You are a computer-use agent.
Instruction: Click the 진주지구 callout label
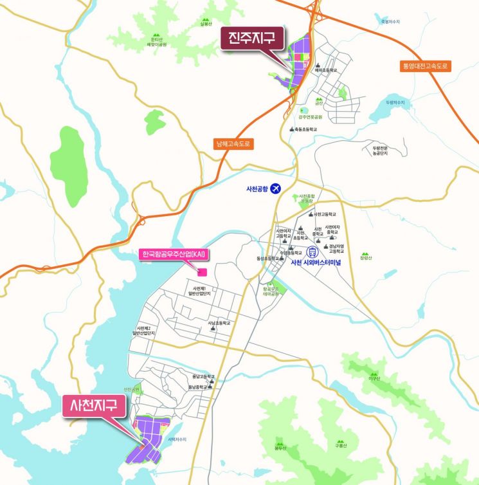[x=251, y=38]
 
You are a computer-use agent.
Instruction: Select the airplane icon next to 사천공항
[x=276, y=188]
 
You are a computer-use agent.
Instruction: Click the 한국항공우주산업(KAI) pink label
[x=172, y=254]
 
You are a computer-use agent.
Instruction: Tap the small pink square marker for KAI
[x=201, y=272]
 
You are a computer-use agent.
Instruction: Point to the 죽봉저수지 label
[x=390, y=21]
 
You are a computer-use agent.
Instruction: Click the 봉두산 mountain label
[x=280, y=447]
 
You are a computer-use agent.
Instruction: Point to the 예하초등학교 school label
[x=326, y=70]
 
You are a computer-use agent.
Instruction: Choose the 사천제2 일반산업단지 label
[x=143, y=331]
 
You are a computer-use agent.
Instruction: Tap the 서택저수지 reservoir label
[x=176, y=439]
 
